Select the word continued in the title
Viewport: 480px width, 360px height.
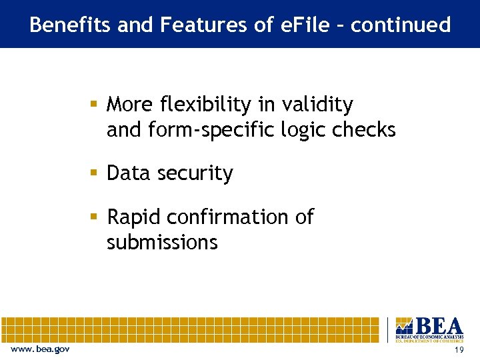[401, 25]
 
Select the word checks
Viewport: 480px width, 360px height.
[365, 129]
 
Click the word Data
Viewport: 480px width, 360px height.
[127, 173]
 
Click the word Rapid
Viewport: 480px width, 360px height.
[135, 217]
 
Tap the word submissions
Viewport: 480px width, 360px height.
[162, 242]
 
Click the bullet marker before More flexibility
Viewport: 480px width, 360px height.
[95, 105]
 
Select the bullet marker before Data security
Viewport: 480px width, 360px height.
[95, 173]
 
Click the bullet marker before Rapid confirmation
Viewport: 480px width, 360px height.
[95, 217]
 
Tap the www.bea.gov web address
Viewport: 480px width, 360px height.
[40, 350]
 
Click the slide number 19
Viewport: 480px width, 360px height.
[458, 351]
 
